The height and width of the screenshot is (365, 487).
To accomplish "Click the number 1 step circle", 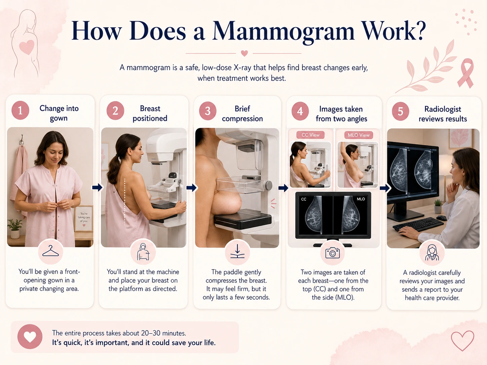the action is coord(20,110).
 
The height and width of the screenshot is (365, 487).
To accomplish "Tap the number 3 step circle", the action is coord(208,111).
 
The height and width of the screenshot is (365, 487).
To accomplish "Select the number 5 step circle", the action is coord(400,111).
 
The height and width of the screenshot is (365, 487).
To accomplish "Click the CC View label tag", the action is coord(310,135).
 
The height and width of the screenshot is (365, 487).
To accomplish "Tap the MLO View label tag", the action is coord(359,135).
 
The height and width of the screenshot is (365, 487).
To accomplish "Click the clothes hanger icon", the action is coord(50,251).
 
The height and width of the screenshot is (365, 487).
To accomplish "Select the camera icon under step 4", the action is coord(332,253).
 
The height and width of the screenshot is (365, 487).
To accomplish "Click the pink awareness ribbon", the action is coord(466,73).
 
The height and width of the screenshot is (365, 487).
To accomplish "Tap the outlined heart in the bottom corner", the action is coord(462,340).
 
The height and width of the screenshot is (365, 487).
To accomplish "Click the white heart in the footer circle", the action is coord(30,337).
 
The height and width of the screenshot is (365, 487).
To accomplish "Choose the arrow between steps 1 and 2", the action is coord(97,188).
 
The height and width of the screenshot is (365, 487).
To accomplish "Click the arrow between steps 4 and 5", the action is coord(385,188).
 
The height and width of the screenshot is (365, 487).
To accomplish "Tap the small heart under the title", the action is coord(244,53).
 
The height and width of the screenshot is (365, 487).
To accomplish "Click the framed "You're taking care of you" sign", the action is coord(84,218).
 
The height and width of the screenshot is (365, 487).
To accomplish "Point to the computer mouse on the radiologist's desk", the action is coord(441,218).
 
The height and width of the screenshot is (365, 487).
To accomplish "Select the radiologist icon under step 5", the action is coord(432,253).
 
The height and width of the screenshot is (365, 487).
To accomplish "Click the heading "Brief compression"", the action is coord(242,114).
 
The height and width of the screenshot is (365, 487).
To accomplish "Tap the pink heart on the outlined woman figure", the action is coord(27,47).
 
